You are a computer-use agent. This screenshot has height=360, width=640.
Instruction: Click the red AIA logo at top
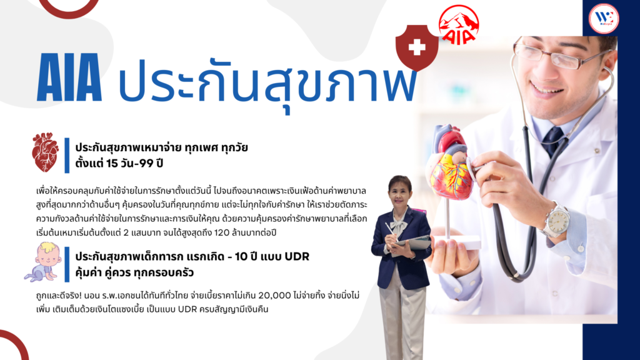[458, 24]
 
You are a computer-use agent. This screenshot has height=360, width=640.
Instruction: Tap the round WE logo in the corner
[604, 18]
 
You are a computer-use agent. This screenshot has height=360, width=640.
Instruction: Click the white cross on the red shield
[417, 47]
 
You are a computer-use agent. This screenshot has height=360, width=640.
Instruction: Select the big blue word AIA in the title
[69, 77]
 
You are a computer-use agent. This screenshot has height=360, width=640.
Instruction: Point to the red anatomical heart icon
[45, 152]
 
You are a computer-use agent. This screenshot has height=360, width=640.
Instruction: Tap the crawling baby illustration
[42, 262]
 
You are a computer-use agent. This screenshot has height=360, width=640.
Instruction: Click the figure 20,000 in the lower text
[275, 295]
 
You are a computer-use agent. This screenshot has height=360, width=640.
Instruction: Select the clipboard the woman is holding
[413, 243]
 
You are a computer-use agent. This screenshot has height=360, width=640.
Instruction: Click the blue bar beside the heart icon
[67, 156]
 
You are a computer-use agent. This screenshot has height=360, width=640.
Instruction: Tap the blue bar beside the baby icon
[67, 264]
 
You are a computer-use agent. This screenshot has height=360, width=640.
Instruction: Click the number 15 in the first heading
[112, 163]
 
